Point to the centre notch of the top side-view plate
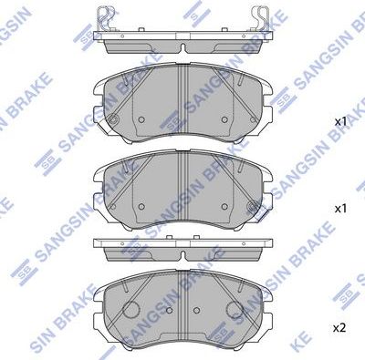pos(182,46)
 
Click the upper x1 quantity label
pos(341,121)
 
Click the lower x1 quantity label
pos(341,209)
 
